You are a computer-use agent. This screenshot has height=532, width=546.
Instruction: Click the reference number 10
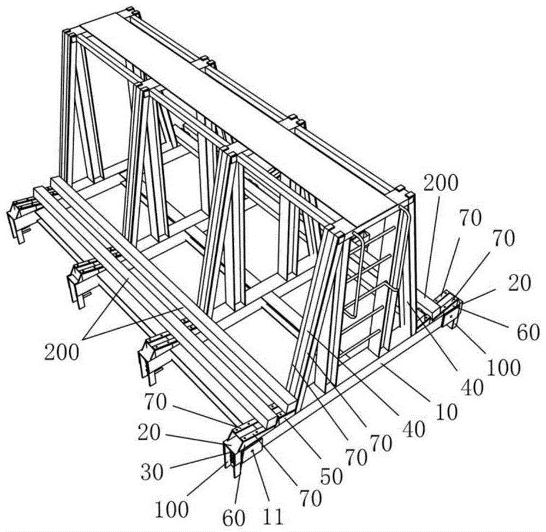pos(447,412)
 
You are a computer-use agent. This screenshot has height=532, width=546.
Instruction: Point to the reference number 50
pos(332,477)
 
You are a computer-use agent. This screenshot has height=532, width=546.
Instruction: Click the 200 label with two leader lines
pos(62,353)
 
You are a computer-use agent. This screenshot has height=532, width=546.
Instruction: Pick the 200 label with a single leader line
pos(440,183)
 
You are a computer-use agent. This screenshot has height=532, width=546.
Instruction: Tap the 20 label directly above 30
pos(149,434)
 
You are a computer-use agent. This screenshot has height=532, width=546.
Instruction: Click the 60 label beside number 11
pos(234,518)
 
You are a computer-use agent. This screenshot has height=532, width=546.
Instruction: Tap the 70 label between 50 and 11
pos(310,499)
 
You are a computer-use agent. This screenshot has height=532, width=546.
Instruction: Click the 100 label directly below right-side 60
pos(503,367)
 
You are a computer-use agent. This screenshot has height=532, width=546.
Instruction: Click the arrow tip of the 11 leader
pos(254,452)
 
